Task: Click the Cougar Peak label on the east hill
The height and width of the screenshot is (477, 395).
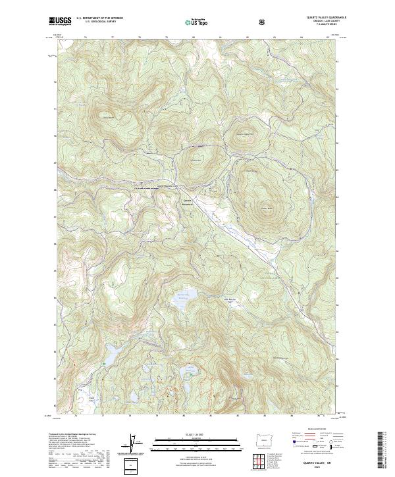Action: pyautogui.click(x=266, y=209)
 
